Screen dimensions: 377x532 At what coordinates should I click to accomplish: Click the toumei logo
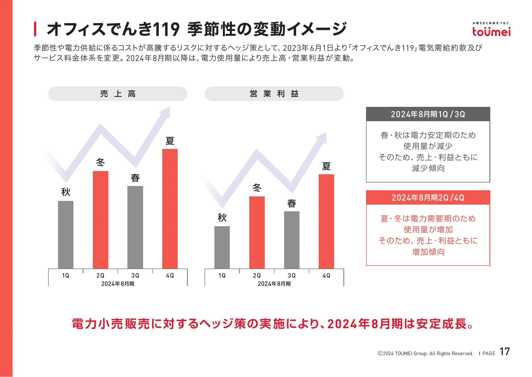(x=491, y=30)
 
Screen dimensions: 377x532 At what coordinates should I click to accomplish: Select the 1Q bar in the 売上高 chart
(x=66, y=234)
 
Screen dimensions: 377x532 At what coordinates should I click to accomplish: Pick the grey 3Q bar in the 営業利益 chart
(x=292, y=240)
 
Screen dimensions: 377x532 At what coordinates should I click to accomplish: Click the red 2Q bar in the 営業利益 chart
(x=257, y=232)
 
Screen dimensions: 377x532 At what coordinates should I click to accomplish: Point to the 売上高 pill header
(x=118, y=94)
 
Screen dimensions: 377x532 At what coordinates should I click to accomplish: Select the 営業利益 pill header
(x=274, y=94)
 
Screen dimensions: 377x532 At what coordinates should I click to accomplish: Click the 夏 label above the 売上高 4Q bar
(x=170, y=141)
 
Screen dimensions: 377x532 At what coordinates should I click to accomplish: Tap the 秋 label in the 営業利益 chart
(x=222, y=218)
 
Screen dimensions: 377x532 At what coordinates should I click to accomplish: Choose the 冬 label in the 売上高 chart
(x=101, y=162)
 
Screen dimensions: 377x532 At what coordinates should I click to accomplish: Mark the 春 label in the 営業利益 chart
(x=292, y=204)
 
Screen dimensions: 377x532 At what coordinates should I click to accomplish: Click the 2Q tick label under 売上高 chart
(x=101, y=275)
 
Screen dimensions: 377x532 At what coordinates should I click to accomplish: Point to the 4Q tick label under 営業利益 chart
(x=326, y=275)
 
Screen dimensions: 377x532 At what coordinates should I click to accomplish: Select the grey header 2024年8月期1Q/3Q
(x=428, y=114)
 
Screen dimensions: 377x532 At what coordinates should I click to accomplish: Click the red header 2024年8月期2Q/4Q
(x=428, y=198)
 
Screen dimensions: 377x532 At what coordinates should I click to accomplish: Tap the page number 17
(x=505, y=352)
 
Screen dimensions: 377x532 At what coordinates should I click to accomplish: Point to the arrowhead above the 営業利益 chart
(x=322, y=137)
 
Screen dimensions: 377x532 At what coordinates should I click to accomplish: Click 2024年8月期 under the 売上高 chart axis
(x=118, y=284)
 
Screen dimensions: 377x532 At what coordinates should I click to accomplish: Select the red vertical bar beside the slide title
(x=35, y=29)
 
